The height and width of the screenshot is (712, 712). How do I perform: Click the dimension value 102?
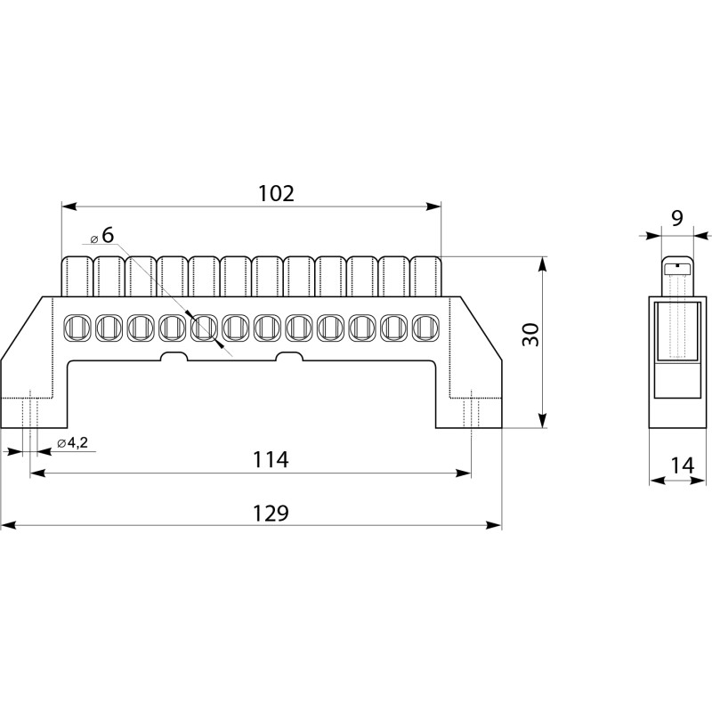pyautogui.click(x=276, y=194)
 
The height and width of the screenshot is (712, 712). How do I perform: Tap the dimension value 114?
pyautogui.click(x=271, y=459)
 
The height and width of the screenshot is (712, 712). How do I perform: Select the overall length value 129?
pyautogui.click(x=271, y=514)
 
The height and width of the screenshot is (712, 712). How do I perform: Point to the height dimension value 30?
pyautogui.click(x=530, y=335)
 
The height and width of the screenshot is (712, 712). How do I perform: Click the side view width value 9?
pyautogui.click(x=676, y=218)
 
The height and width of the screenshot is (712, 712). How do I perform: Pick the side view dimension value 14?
pyautogui.click(x=683, y=465)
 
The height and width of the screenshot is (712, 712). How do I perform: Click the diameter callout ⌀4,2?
pyautogui.click(x=73, y=442)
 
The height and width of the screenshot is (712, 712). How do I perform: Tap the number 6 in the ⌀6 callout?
pyautogui.click(x=108, y=235)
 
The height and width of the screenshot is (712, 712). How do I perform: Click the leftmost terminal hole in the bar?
pyautogui.click(x=76, y=327)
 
